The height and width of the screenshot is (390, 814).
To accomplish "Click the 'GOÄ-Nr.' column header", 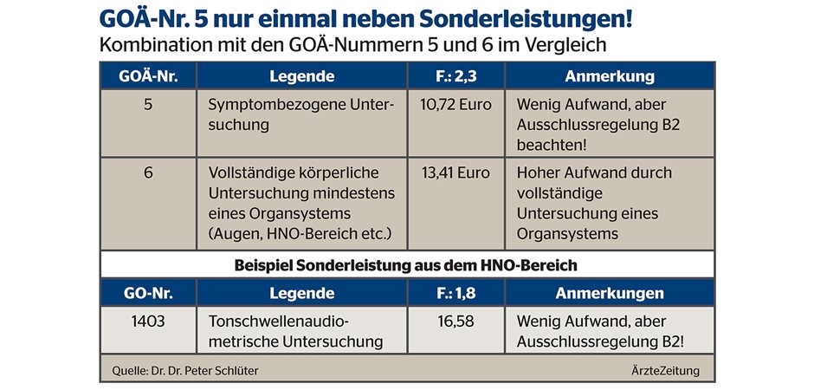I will tap(148, 76).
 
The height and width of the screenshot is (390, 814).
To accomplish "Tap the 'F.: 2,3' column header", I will tap(455, 76).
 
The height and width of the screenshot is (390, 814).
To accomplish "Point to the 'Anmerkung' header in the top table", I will tap(610, 76).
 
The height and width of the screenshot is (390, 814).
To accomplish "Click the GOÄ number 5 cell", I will tap(148, 105).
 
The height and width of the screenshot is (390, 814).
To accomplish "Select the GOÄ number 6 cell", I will tap(148, 172).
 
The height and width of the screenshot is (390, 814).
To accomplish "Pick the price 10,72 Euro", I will tap(455, 105).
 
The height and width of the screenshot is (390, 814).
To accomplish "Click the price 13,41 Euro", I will tap(455, 172).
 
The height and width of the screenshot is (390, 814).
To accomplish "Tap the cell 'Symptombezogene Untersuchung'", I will tap(300, 114).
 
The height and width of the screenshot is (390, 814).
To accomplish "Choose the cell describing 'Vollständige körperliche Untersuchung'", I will tap(300, 203).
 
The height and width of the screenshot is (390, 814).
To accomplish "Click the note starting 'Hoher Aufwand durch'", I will tap(594, 203).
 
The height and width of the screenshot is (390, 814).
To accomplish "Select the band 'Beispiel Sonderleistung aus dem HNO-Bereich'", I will tap(407, 264).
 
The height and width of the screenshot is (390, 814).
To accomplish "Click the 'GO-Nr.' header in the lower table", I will tap(148, 293).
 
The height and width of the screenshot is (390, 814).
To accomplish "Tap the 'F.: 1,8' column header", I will tap(455, 293).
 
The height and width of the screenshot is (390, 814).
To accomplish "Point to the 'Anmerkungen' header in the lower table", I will tap(610, 293).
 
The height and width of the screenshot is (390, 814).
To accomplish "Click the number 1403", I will tap(148, 322).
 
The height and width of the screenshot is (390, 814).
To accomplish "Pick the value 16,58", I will tap(455, 322).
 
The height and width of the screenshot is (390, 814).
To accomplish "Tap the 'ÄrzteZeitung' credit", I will tap(665, 371).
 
